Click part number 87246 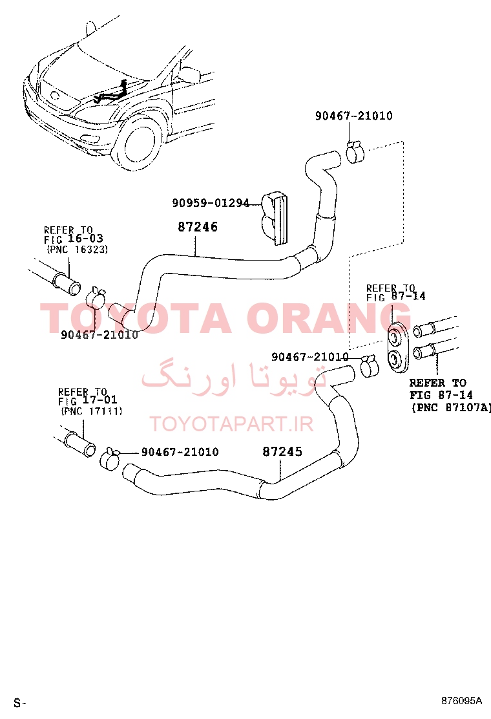(x=198, y=226)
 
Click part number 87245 (x=282, y=452)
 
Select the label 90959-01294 (x=211, y=202)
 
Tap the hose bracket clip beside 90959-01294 (x=275, y=217)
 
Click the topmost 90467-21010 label (x=353, y=116)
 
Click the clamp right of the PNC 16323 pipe (x=97, y=298)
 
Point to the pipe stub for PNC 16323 (x=67, y=283)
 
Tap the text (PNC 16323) (x=78, y=250)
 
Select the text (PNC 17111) (x=92, y=411)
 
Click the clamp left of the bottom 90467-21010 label (x=110, y=459)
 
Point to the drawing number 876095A (x=462, y=701)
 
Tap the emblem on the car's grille (x=55, y=96)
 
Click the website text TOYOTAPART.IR (x=231, y=424)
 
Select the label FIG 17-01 (x=88, y=400)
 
